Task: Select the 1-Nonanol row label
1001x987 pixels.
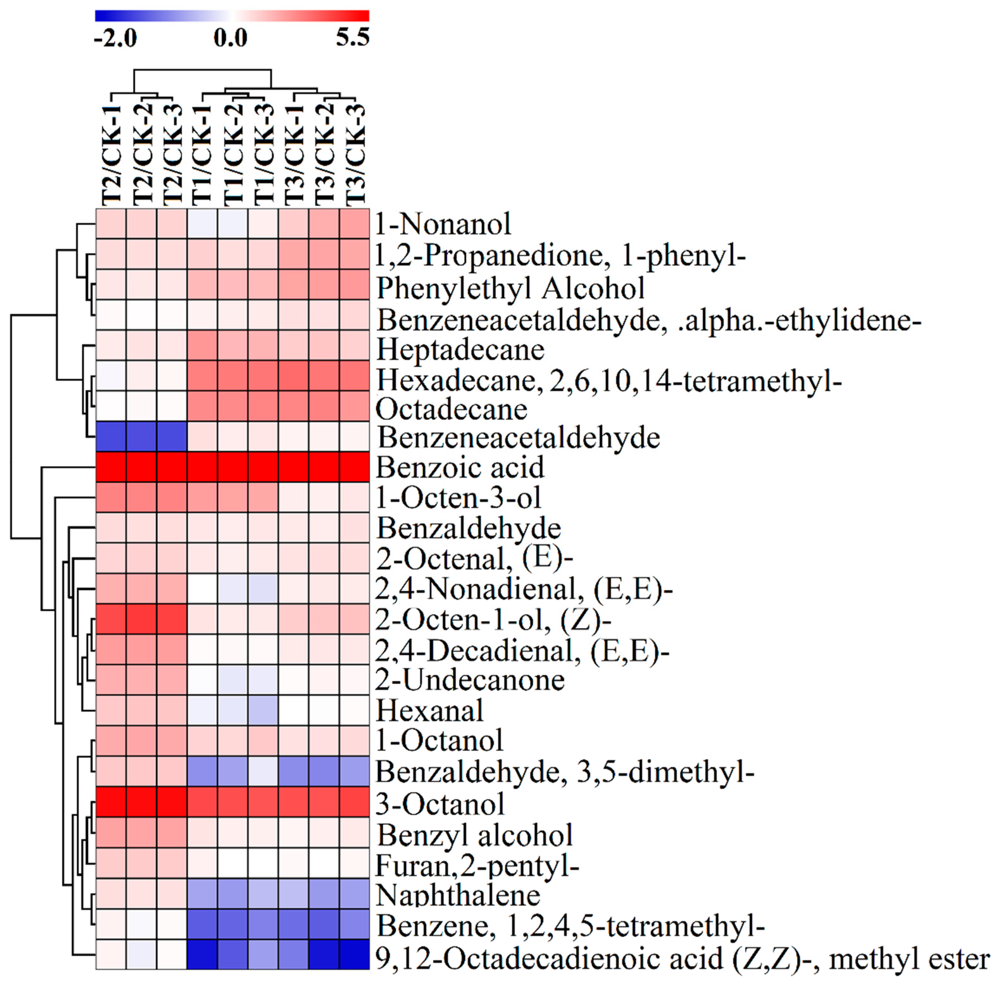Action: (x=443, y=224)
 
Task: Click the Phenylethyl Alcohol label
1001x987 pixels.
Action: (x=510, y=288)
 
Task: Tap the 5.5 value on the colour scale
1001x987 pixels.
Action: (x=352, y=37)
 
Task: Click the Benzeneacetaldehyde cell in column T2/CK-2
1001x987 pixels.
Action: (x=141, y=437)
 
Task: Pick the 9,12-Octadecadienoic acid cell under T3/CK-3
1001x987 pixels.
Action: (x=355, y=954)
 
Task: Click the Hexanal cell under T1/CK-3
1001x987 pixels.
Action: (x=263, y=710)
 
